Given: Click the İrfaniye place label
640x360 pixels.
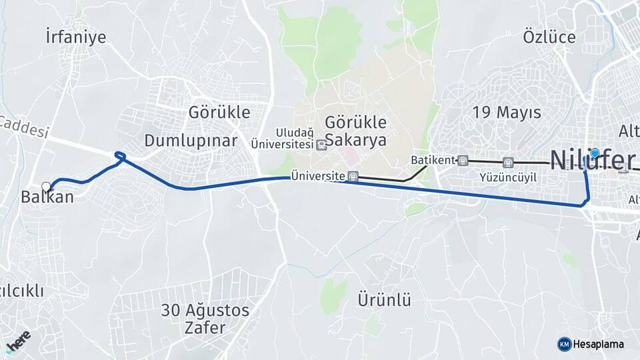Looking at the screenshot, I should (76, 37).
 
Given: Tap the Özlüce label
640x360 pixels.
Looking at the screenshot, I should (549, 37).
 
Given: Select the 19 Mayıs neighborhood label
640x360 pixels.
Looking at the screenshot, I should (506, 112).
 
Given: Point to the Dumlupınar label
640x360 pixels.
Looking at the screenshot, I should (191, 141).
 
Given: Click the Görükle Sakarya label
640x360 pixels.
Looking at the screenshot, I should (355, 131).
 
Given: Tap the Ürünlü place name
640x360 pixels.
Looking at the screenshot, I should (384, 299).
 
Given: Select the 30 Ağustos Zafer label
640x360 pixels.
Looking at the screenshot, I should (205, 319).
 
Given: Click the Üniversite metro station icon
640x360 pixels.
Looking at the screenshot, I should (353, 177).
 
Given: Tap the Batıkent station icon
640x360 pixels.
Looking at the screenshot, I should (463, 160).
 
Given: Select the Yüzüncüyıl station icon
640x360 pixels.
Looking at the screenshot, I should (509, 161).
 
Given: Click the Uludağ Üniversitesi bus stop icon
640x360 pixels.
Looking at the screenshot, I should (322, 144).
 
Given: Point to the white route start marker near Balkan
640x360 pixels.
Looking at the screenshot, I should (46, 187).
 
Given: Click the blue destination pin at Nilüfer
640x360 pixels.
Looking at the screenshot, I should (595, 153).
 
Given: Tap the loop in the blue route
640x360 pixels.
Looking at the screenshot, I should (120, 157).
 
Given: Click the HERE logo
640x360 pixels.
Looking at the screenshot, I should (18, 340).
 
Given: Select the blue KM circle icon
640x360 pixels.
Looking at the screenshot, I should (564, 344).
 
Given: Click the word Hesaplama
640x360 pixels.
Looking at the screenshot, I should (599, 345).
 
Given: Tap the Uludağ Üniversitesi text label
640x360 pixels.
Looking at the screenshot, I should (282, 138).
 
